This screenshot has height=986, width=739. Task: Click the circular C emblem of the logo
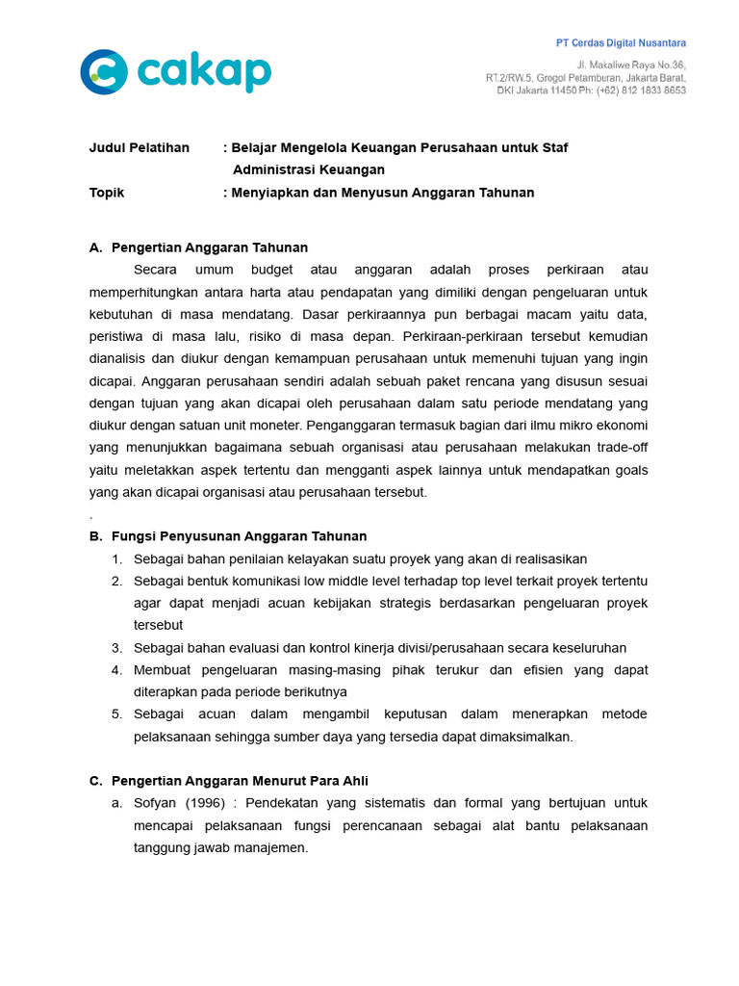click(103, 72)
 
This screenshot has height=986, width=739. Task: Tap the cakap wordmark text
click(203, 72)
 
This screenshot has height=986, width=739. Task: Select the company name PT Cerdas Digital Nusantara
click(621, 43)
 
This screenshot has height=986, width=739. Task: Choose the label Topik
click(107, 193)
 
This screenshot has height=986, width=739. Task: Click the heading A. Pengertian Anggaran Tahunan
click(198, 247)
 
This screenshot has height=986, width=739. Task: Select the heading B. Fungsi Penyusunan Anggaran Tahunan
click(227, 536)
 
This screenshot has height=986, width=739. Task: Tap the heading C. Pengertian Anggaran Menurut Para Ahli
click(228, 781)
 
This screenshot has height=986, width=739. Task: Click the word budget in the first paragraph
click(271, 270)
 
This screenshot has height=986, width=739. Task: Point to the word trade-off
click(620, 448)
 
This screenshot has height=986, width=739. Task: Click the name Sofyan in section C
click(155, 803)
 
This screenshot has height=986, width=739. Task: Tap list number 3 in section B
click(116, 648)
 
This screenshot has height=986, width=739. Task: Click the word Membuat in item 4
click(164, 670)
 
